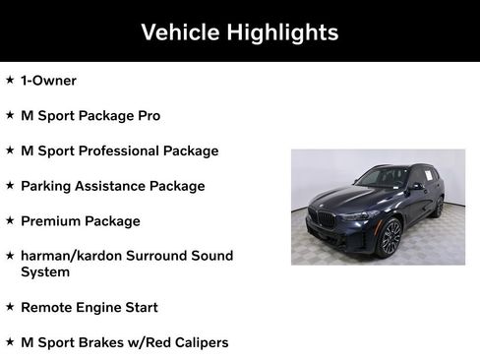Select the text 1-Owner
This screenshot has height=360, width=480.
[x=48, y=81]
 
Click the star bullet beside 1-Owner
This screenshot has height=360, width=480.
[x=10, y=80]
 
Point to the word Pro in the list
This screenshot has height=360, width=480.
[x=149, y=116]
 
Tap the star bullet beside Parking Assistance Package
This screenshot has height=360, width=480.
[x=10, y=185]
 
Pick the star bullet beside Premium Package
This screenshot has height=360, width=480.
[x=10, y=220]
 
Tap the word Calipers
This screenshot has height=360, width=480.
[x=197, y=343]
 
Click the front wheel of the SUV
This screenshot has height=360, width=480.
[x=390, y=237]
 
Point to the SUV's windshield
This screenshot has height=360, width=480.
[x=385, y=178]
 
